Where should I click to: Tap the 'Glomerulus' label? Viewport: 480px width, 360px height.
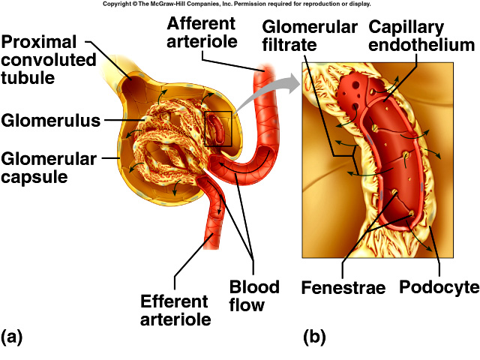click(x=51, y=120)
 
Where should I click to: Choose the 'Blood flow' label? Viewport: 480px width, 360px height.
click(x=253, y=295)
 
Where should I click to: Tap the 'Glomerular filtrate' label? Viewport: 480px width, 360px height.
click(x=309, y=37)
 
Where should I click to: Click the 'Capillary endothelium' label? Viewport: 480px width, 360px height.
click(x=421, y=37)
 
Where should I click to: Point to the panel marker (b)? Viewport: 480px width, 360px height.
click(x=314, y=337)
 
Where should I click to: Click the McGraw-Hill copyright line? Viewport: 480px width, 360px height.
click(x=240, y=4)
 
